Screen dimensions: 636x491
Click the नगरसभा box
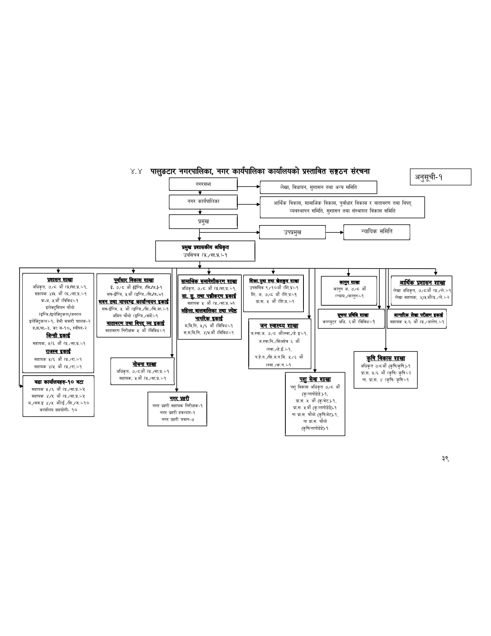pos(203,185)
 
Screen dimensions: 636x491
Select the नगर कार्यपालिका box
pos(203,202)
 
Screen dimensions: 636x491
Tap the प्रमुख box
pos(203,222)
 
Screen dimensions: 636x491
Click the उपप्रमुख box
pos(292,232)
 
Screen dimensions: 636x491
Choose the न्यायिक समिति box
pos(377,232)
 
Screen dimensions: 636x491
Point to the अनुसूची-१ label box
pos(441,177)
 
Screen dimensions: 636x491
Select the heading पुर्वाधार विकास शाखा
pos(134,280)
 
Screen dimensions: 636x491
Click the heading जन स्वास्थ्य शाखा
pos(279,326)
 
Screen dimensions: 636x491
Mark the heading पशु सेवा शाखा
pos(315,379)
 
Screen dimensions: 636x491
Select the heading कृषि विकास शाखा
pos(385,358)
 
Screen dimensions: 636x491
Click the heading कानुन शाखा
pos(349,283)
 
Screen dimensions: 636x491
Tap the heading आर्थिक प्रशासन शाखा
pos(422,283)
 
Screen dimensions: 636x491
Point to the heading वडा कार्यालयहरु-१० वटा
pos(59,382)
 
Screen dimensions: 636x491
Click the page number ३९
pos(446,458)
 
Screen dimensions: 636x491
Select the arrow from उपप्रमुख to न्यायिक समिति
pos(334,232)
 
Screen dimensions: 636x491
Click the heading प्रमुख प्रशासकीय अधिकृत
pos(205,247)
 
